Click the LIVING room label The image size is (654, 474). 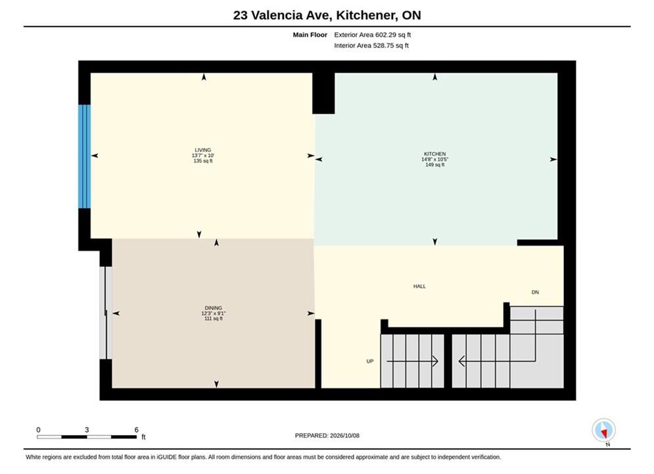[203, 150]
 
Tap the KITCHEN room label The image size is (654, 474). [434, 153]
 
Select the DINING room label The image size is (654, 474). [213, 308]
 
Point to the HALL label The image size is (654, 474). [419, 286]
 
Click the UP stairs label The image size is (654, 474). [370, 361]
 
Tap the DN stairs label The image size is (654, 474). [535, 292]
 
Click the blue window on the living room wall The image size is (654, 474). [85, 156]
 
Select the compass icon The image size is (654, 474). [603, 430]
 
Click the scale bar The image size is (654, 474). [87, 437]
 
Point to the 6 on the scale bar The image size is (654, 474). [137, 430]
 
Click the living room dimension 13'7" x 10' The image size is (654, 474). [203, 155]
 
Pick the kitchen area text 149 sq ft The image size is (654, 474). [435, 165]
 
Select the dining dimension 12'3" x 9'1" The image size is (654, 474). [214, 313]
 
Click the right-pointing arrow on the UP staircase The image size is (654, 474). [412, 361]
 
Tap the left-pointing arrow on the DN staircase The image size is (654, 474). [497, 361]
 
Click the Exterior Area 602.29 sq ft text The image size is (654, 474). [373, 35]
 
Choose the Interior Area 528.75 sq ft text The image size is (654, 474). [371, 45]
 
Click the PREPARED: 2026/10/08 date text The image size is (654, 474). [327, 435]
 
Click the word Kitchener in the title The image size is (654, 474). [366, 15]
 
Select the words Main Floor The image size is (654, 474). [310, 35]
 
